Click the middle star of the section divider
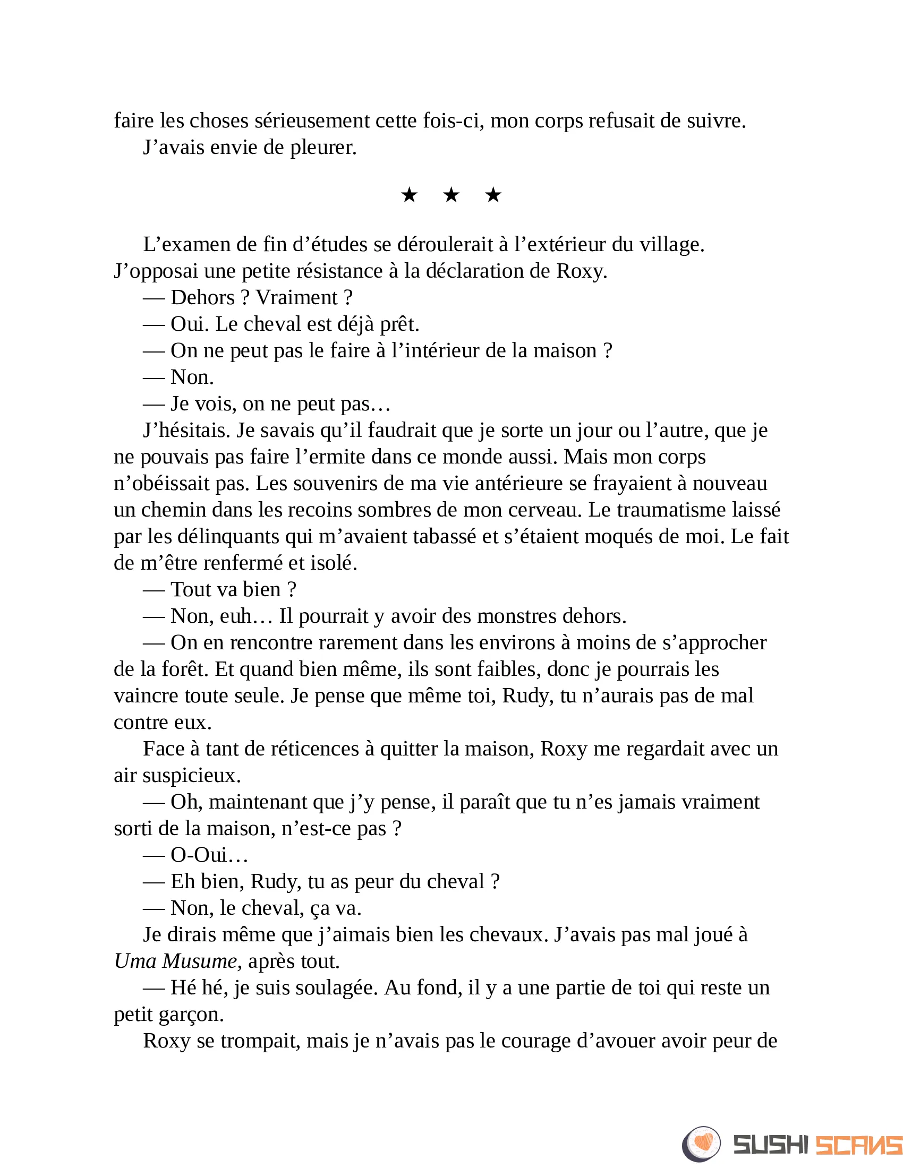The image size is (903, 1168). (x=451, y=195)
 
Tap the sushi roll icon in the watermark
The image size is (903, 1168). (x=701, y=1144)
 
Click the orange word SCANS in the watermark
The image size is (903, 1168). (x=859, y=1145)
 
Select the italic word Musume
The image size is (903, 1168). (x=201, y=961)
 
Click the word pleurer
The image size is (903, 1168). (x=323, y=147)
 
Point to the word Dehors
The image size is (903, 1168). (x=203, y=297)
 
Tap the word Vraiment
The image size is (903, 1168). (x=297, y=297)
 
